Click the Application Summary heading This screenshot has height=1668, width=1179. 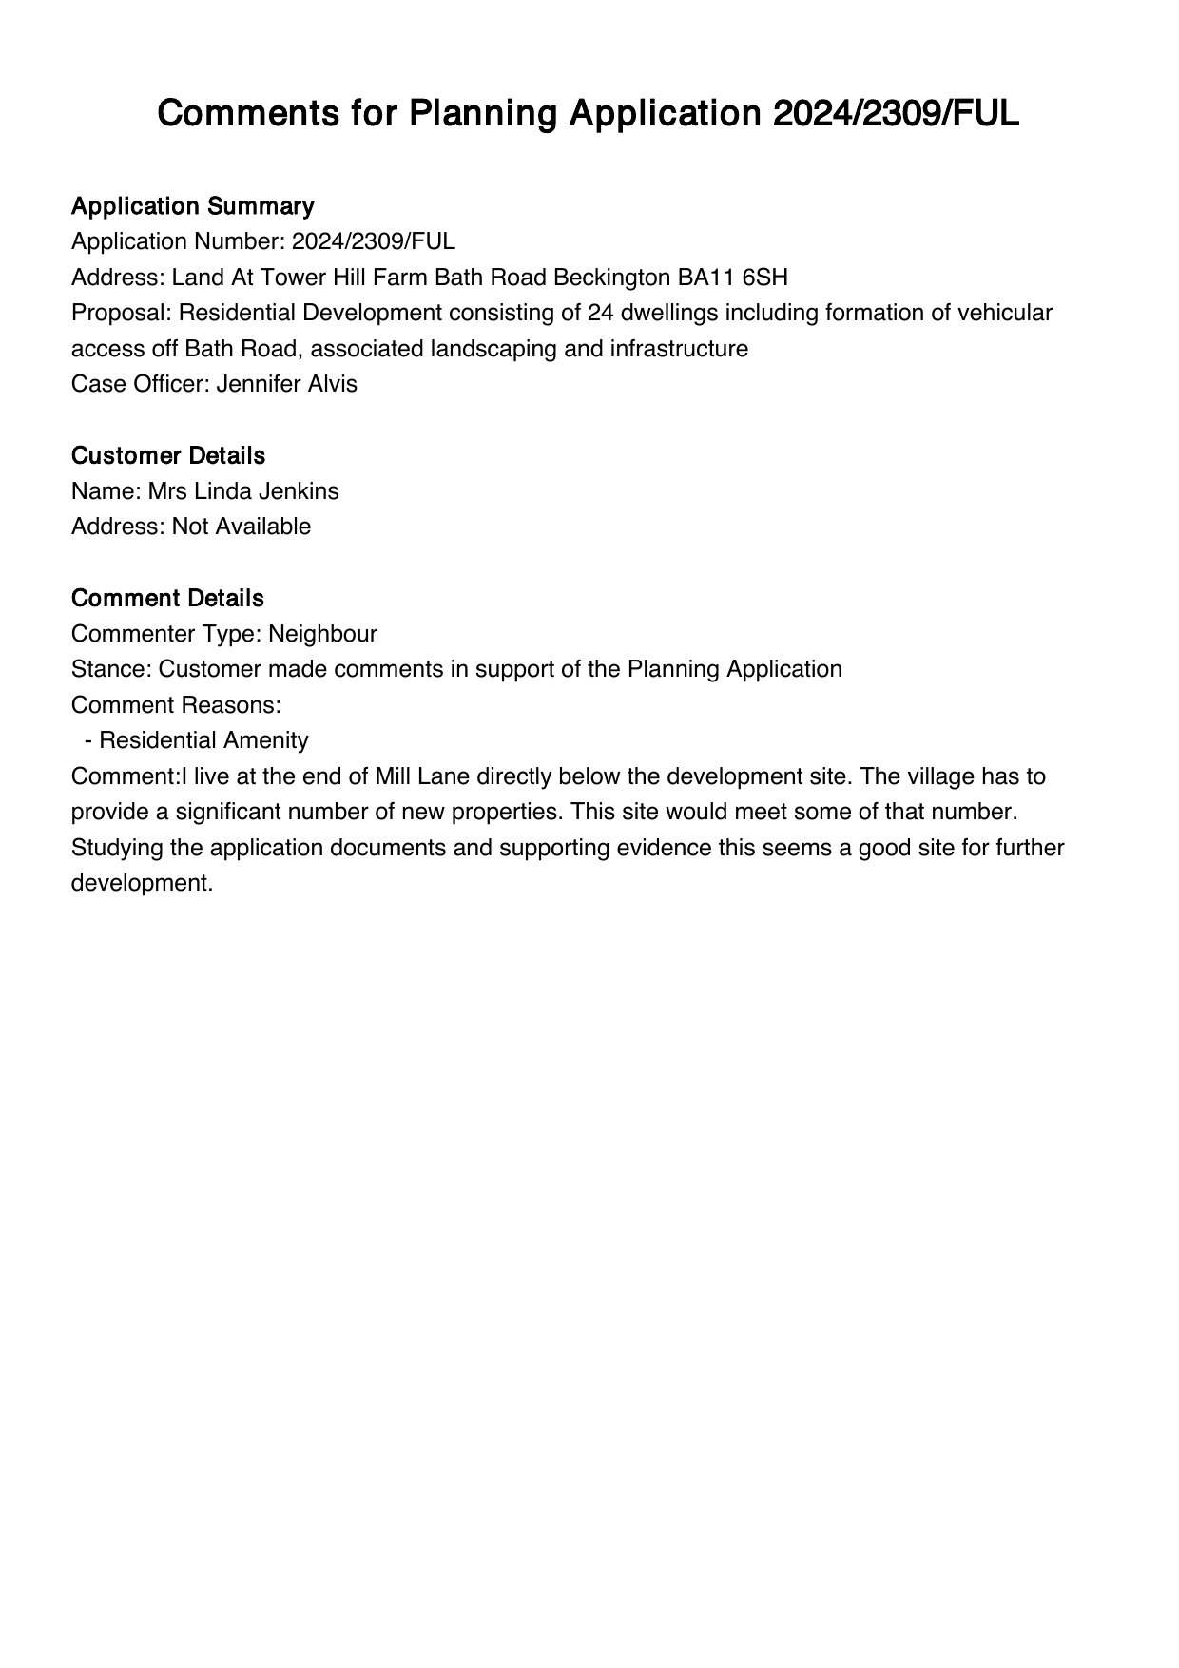pyautogui.click(x=192, y=206)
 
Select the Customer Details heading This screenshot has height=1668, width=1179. pyautogui.click(x=167, y=456)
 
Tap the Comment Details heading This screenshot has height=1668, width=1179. pyautogui.click(x=167, y=599)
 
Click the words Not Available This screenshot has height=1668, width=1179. pyautogui.click(x=241, y=527)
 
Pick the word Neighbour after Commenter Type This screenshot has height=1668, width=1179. pyautogui.click(x=322, y=634)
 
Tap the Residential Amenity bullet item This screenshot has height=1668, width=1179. pyautogui.click(x=203, y=740)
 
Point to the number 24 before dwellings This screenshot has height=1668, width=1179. pyautogui.click(x=601, y=313)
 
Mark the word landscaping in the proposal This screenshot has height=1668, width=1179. pyautogui.click(x=493, y=349)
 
